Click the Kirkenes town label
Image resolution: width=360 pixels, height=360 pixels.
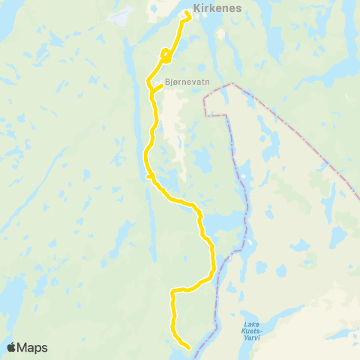tap(216, 9)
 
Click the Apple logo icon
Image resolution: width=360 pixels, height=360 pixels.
tap(12, 347)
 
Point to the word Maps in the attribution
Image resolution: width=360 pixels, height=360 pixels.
tap(33, 347)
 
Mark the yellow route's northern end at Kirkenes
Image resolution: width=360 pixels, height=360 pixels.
tap(185, 13)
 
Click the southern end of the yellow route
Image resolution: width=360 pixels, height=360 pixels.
tap(187, 346)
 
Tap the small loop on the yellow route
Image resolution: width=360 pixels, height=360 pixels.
tap(165, 54)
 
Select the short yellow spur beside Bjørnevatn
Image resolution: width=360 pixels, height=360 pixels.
tap(158, 87)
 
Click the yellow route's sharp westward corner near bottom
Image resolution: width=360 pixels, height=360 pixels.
tap(173, 291)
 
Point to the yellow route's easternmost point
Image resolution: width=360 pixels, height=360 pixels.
tap(214, 264)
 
